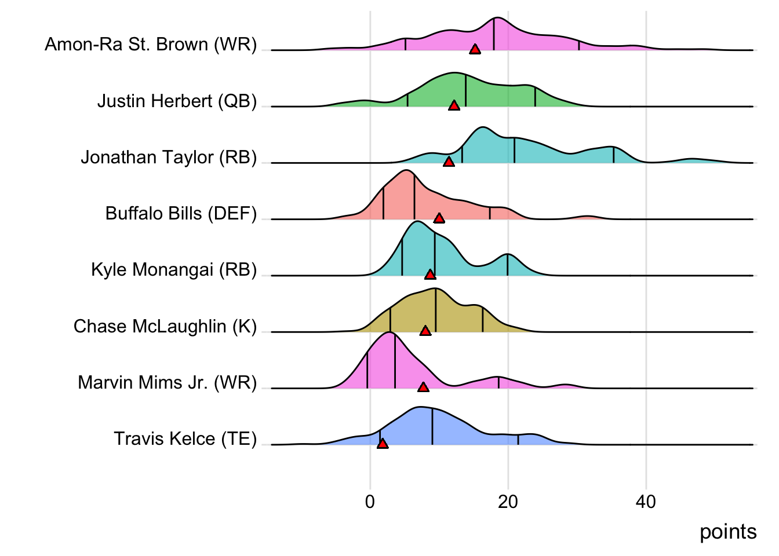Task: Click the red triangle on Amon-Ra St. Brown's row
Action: (x=475, y=50)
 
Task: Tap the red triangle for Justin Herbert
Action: (x=454, y=105)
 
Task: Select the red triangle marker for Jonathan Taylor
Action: (x=449, y=162)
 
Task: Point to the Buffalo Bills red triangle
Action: (x=439, y=218)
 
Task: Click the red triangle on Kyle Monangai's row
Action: (x=429, y=275)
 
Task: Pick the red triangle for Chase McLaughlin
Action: (x=425, y=331)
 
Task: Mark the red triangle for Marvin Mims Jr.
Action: (x=423, y=387)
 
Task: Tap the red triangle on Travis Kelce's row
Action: (x=383, y=444)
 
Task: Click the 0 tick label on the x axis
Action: (x=370, y=502)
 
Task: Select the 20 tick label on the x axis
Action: (x=508, y=502)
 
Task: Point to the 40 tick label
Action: (x=646, y=502)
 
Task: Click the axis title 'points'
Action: (x=728, y=532)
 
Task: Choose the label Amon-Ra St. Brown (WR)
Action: (x=151, y=45)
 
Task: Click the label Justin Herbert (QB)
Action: (x=177, y=101)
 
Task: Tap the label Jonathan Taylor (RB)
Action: (x=169, y=157)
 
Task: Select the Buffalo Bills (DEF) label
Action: (x=181, y=214)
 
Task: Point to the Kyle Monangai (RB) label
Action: (x=174, y=270)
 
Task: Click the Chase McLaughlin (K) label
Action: (x=165, y=326)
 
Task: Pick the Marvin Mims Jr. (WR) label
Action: (x=168, y=382)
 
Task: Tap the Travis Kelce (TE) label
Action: (x=185, y=439)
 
